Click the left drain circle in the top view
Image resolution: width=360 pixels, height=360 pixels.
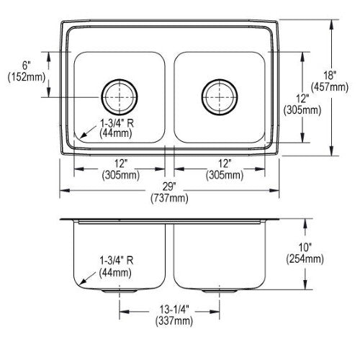pos(120,79)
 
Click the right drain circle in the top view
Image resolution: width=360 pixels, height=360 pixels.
pos(220,79)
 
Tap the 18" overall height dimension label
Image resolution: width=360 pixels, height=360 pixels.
pos(330,76)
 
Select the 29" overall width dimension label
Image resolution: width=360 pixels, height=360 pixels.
pos(169,186)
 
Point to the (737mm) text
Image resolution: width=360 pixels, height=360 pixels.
pos(169,198)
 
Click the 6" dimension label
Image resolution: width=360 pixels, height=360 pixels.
pos(27,66)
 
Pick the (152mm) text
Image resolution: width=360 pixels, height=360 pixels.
pos(27,77)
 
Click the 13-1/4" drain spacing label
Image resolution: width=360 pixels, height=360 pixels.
pos(174,310)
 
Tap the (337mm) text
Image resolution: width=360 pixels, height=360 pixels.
pos(174,321)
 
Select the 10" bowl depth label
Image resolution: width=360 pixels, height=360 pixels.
pos(305,247)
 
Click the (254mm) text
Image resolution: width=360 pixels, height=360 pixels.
pos(305,259)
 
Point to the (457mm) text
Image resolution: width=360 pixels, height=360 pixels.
pos(330,87)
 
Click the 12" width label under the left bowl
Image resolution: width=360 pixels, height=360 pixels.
pos(120,163)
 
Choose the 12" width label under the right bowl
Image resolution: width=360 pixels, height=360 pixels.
pos(224,163)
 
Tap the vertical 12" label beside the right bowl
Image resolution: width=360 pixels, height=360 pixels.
pos(302,99)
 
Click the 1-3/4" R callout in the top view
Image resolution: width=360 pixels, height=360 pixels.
pos(117,123)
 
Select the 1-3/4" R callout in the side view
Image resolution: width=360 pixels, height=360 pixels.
pos(117,261)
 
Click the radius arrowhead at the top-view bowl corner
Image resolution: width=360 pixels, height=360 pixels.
pos(82,136)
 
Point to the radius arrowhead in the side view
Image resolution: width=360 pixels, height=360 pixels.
pos(82,282)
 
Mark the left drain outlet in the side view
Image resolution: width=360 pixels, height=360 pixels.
pos(120,291)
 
